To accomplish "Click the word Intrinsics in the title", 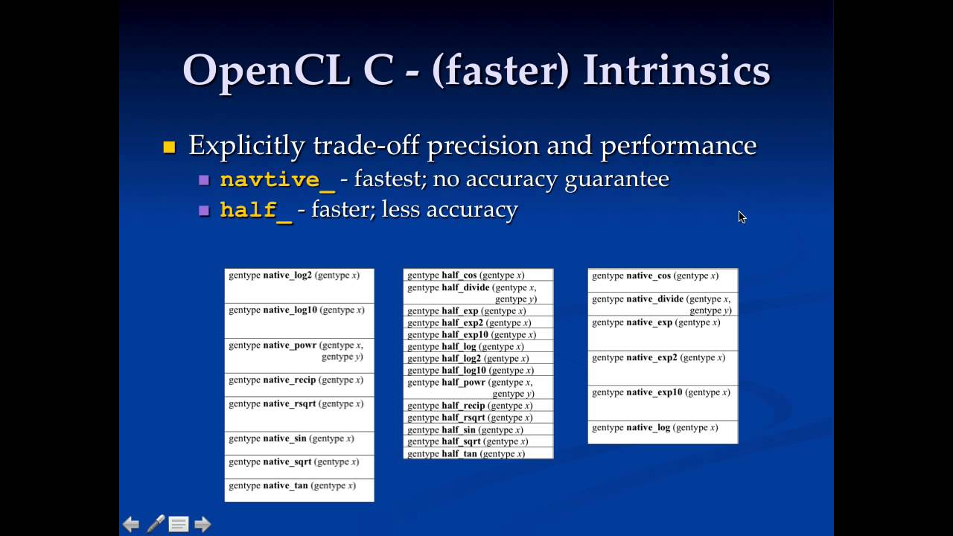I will click(x=676, y=71).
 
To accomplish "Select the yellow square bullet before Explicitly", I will click(x=169, y=147).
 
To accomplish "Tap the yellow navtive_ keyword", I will click(x=277, y=180).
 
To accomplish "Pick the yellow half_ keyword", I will click(x=256, y=211).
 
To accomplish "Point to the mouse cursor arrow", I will click(x=742, y=217).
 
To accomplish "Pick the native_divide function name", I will click(x=654, y=299).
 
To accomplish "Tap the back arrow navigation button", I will click(x=131, y=525).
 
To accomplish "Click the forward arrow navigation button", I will click(x=203, y=525).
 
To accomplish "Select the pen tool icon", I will click(x=155, y=524).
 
